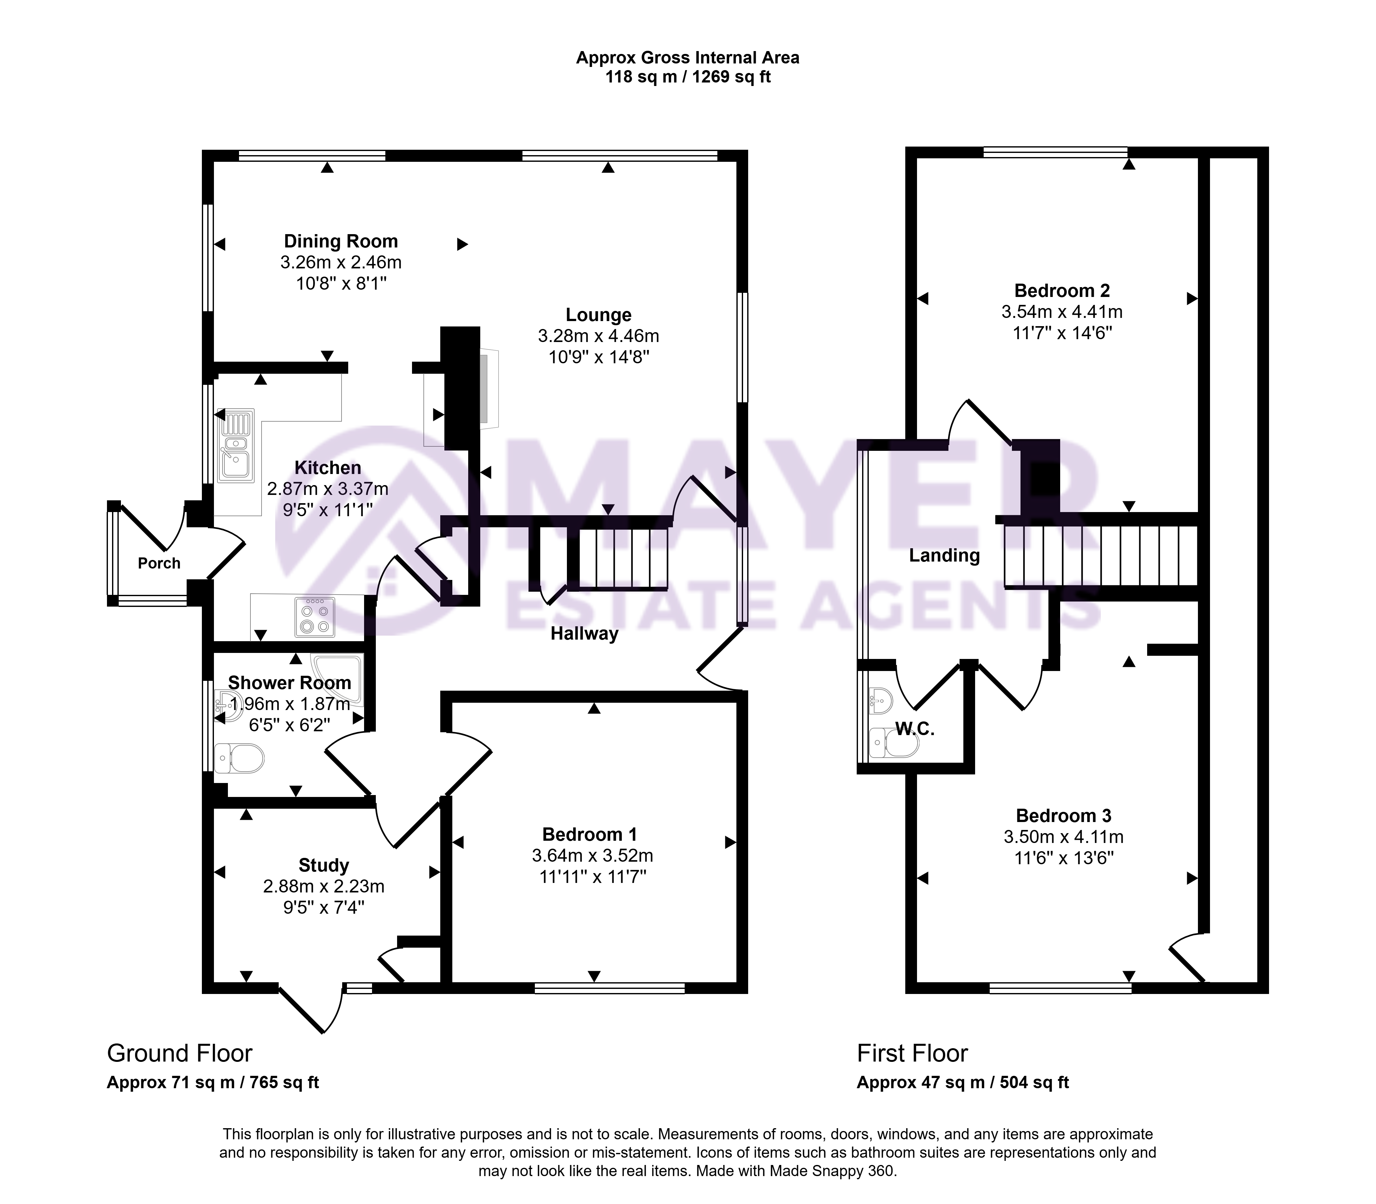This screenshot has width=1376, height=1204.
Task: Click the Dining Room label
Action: pos(341,241)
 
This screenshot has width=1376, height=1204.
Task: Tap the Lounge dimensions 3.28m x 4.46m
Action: pos(598,336)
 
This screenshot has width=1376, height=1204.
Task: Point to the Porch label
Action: pos(159,563)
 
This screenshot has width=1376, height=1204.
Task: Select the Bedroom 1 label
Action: pos(589,834)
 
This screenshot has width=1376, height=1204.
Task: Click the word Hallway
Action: pos(584,634)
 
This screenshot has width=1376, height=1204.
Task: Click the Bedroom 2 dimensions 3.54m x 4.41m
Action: pos(1062,312)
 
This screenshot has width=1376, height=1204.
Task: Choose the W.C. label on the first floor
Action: pos(915,729)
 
